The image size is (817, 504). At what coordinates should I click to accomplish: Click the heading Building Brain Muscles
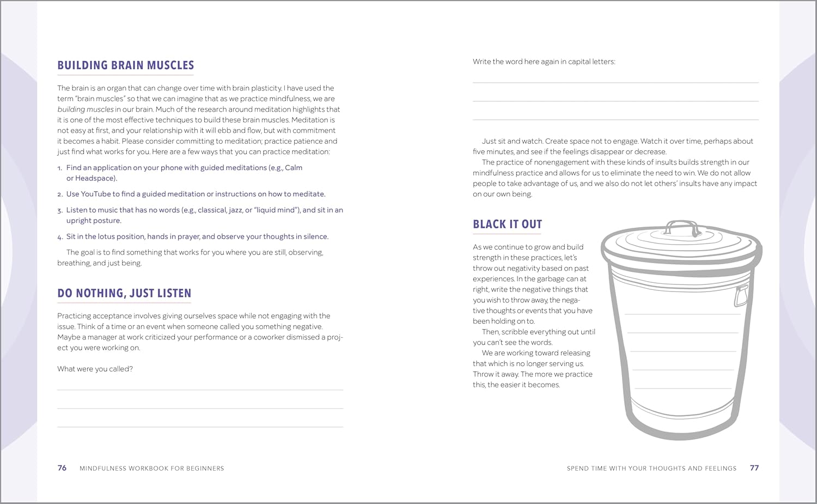tap(125, 65)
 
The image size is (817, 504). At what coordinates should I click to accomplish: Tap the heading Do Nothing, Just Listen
tap(124, 293)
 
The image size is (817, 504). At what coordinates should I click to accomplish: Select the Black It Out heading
tap(507, 224)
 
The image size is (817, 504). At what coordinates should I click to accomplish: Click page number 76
tap(62, 468)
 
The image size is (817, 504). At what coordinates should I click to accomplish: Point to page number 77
tap(754, 468)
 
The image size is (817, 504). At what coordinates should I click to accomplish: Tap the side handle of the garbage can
tap(741, 296)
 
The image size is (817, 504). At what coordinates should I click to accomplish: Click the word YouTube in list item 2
tap(95, 194)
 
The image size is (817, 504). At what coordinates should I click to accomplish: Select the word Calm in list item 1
tap(294, 168)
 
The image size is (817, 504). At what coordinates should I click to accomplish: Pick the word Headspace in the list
tap(95, 178)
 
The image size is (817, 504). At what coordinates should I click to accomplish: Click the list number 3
tap(60, 210)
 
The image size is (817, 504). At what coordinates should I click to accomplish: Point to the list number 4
tap(60, 237)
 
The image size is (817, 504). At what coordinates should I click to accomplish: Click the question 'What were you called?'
tap(95, 369)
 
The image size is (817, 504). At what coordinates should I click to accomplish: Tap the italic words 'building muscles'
tap(86, 110)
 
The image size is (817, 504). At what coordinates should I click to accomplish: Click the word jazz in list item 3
tap(236, 210)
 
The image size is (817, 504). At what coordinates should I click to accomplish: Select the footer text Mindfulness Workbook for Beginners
tap(151, 469)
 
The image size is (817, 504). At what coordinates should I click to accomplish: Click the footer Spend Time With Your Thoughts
tap(651, 469)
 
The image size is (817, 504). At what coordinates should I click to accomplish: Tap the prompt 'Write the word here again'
tap(544, 62)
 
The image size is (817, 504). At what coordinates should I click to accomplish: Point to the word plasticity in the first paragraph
tap(266, 88)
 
